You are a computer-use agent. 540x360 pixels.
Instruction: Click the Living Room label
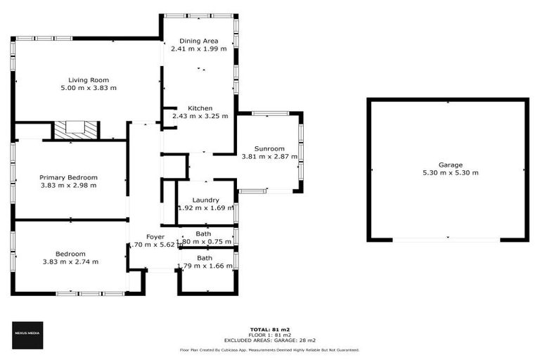[x=88, y=79]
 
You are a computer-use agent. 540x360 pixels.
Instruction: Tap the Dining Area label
[x=199, y=41]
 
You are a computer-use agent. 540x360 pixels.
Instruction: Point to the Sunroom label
[x=269, y=148]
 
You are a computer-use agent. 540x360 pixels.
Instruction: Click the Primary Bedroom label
[x=68, y=177]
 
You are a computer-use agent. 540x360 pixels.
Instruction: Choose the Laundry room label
[x=205, y=200]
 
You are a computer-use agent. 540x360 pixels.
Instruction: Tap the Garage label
[x=450, y=165]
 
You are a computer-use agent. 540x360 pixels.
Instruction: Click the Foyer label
[x=155, y=236]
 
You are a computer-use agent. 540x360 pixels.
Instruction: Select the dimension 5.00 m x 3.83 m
[x=88, y=88]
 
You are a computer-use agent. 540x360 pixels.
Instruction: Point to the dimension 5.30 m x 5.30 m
[x=450, y=173]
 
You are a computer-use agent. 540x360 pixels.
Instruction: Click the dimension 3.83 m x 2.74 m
[x=70, y=262]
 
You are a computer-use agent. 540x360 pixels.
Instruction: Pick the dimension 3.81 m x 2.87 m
[x=269, y=157]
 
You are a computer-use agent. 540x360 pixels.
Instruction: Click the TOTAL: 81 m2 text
[x=270, y=329]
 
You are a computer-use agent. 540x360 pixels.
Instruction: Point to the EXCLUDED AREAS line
[x=270, y=340]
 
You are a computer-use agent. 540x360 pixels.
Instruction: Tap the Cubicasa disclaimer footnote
[x=270, y=349]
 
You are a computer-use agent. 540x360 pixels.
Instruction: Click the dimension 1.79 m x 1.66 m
[x=205, y=266]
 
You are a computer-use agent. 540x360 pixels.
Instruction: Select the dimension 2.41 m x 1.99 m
[x=199, y=49]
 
